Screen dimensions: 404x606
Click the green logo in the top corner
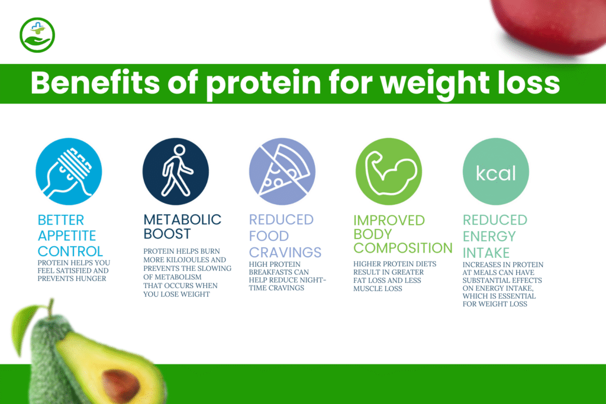click(37, 35)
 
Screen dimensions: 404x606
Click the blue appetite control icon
click(69, 172)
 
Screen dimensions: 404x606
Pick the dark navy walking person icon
click(176, 172)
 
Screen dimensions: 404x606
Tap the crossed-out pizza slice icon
click(282, 172)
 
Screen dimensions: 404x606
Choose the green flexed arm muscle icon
click(388, 172)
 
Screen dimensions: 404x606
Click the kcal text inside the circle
click(496, 173)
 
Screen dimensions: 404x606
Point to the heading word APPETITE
click(66, 235)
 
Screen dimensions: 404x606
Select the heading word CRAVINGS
click(285, 251)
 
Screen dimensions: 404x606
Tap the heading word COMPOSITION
click(402, 248)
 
